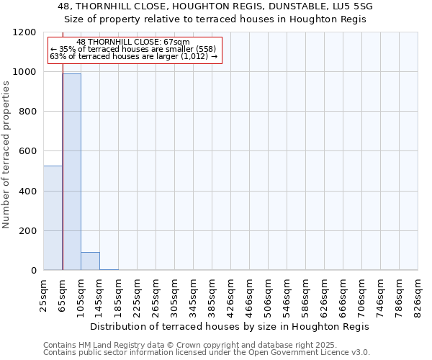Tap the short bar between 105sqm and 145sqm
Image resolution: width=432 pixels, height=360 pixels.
(x=90, y=261)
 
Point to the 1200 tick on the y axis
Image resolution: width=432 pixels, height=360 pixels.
(x=29, y=32)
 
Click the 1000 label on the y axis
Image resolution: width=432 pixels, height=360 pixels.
(x=26, y=72)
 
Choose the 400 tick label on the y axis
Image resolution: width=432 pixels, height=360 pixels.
(x=29, y=192)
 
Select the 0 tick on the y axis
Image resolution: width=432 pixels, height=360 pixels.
(x=35, y=271)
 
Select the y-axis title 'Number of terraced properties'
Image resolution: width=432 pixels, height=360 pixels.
(x=6, y=155)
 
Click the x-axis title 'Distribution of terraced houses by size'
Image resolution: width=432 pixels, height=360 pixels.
(x=230, y=326)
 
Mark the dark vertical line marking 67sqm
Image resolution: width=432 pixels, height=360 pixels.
(x=63, y=180)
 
